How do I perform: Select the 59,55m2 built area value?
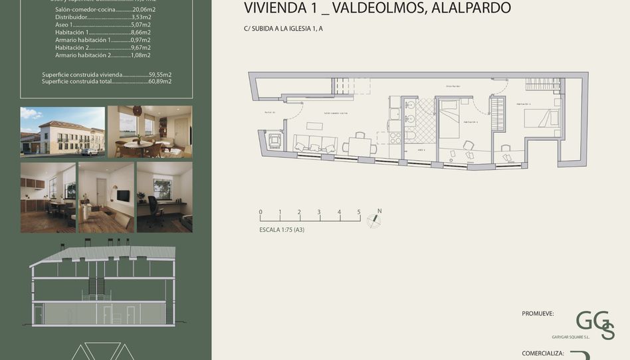[x=160, y=75]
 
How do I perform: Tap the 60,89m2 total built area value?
[x=160, y=81]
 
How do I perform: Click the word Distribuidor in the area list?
[x=71, y=18]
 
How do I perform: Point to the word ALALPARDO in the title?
[x=471, y=9]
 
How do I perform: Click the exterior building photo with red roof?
[x=62, y=132]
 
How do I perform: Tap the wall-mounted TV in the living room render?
[x=122, y=195]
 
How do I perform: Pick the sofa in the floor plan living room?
[x=315, y=142]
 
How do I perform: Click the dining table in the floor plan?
[x=360, y=145]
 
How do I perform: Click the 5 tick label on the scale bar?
[x=359, y=213]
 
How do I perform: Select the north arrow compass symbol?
[x=375, y=218]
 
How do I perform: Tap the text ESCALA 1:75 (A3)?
[x=282, y=230]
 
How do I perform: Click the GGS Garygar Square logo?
[x=594, y=324]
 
